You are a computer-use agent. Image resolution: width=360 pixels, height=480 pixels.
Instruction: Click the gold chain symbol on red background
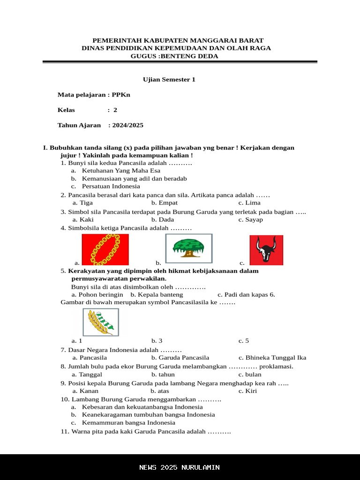(x=105, y=249)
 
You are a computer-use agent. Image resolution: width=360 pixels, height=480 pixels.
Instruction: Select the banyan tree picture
(x=189, y=248)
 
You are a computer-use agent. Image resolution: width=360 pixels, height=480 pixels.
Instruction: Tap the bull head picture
(x=266, y=250)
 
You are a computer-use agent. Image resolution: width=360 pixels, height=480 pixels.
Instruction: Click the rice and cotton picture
(x=101, y=322)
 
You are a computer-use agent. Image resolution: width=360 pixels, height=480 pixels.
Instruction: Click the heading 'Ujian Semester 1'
(x=169, y=80)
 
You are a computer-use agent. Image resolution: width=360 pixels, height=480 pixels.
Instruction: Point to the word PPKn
(x=121, y=95)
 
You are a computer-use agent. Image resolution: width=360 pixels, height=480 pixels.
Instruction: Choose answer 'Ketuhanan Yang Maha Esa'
(x=121, y=171)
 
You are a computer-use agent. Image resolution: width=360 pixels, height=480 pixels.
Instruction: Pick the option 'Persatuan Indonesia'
(x=111, y=186)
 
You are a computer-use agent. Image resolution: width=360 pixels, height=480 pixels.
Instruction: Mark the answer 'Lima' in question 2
(x=253, y=203)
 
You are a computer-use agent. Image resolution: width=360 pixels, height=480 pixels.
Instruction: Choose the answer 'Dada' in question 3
(x=166, y=219)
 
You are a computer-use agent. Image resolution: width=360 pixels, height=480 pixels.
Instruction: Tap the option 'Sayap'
(x=254, y=219)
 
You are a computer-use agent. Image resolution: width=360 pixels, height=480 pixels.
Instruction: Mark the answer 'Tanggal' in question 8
(x=90, y=375)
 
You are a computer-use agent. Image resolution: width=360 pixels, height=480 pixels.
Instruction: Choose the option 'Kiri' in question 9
(x=251, y=391)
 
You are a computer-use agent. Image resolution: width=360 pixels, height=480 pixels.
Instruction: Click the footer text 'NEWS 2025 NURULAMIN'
(x=180, y=467)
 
